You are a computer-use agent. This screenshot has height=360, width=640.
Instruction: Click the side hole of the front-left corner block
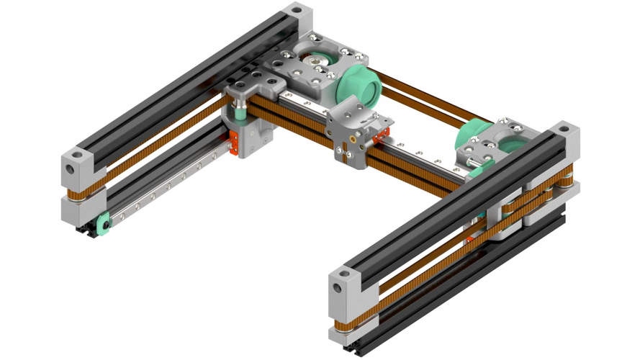(71, 168)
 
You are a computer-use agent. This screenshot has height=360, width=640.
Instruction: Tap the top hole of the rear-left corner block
(294, 11)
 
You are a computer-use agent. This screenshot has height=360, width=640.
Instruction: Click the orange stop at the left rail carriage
(234, 144)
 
